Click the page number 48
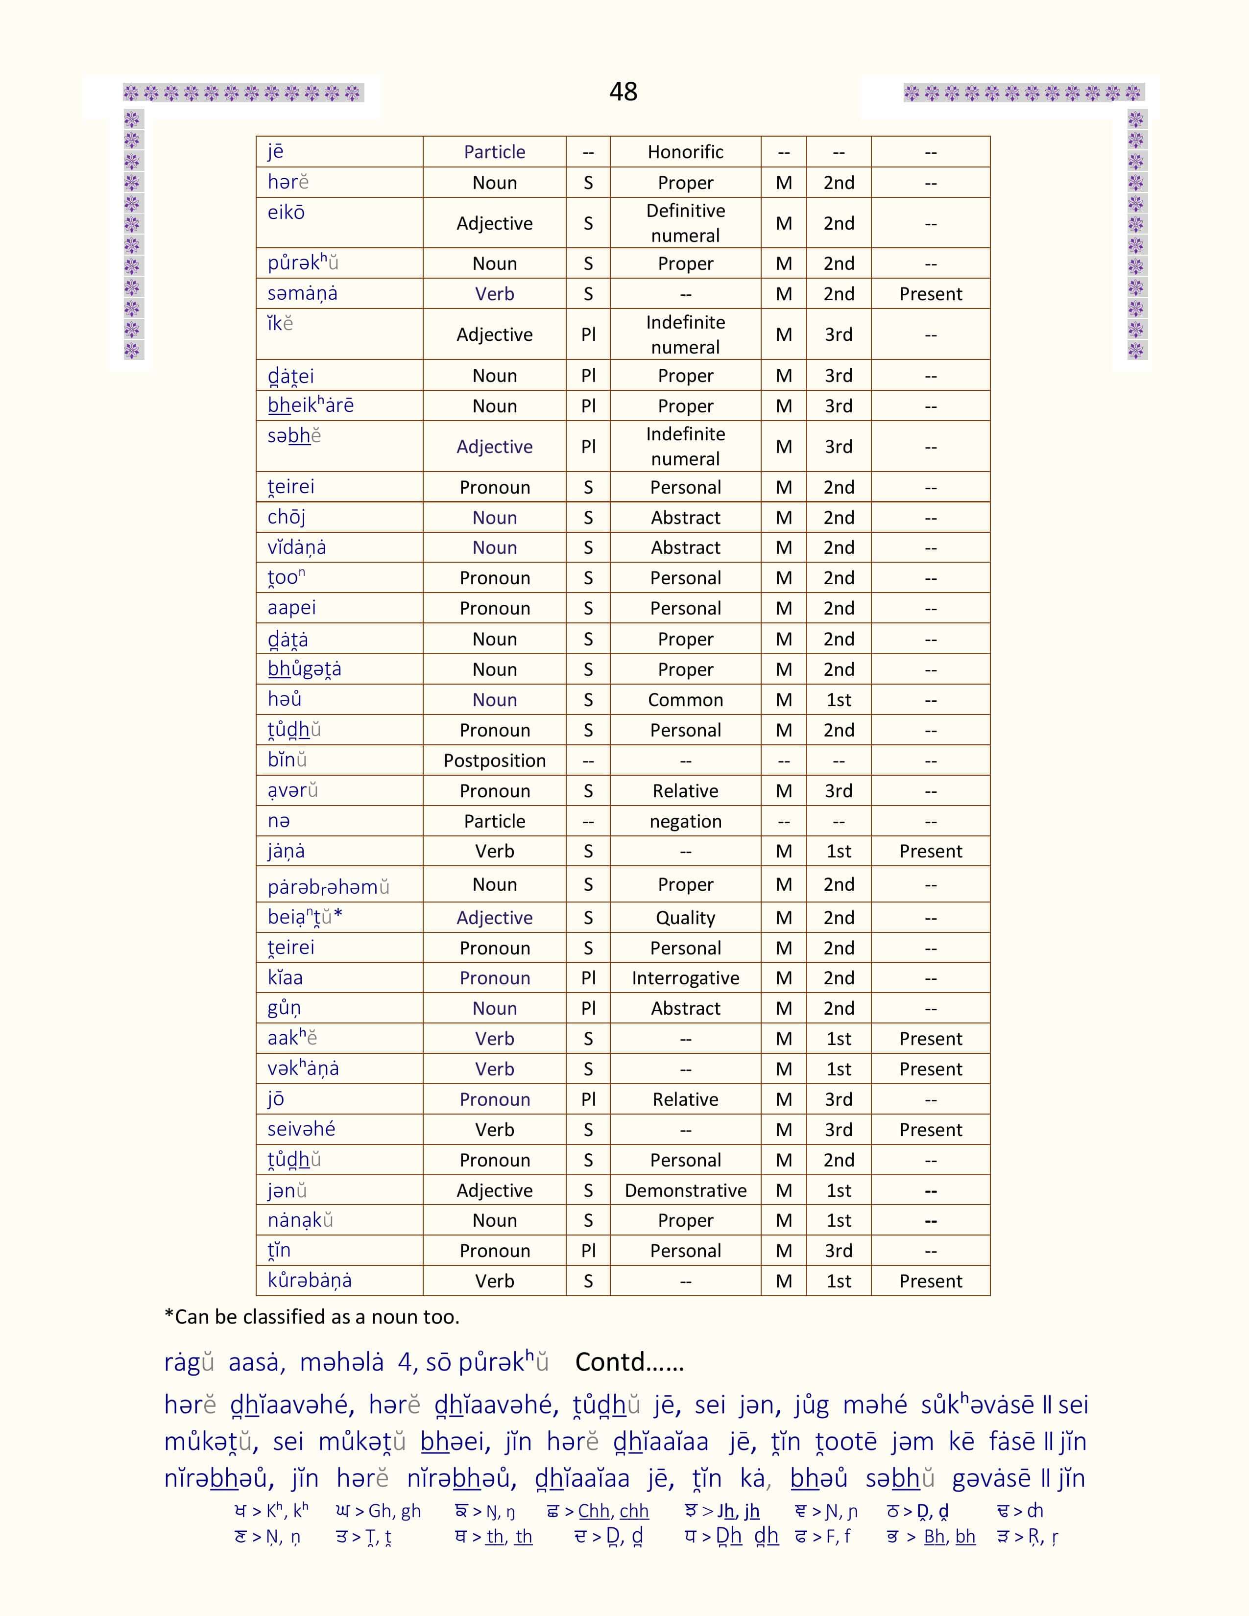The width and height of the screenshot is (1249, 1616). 623,92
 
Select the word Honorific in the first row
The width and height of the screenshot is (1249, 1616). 685,152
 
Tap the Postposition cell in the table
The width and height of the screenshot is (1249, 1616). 494,760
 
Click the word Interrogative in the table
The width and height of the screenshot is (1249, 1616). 685,978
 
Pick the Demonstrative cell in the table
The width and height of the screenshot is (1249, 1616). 685,1190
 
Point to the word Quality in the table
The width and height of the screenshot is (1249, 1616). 685,918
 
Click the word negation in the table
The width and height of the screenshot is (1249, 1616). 685,821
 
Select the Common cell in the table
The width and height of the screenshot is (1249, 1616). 685,700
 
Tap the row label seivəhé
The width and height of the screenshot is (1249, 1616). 301,1129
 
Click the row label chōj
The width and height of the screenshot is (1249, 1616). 287,517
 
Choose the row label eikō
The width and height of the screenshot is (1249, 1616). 287,213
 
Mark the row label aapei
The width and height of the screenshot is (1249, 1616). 291,608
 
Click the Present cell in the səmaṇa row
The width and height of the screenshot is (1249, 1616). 930,294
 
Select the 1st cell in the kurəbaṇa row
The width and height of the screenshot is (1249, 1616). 839,1282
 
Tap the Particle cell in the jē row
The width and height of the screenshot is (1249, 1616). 494,152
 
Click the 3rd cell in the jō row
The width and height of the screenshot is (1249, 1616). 839,1099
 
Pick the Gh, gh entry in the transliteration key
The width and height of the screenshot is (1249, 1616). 378,1511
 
